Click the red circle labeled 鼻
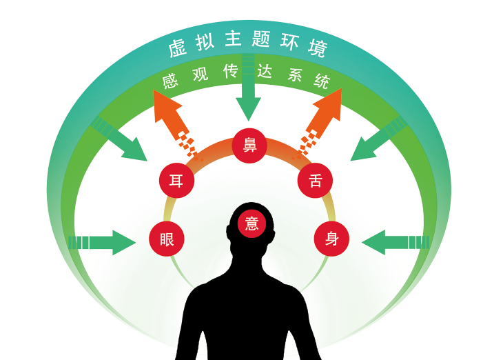[x=249, y=146]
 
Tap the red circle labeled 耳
[x=176, y=181]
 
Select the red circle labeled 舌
[x=316, y=181]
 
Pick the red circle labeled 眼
[x=167, y=239]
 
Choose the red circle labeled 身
[x=331, y=239]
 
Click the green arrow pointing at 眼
[x=103, y=243]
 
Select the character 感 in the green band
[x=170, y=81]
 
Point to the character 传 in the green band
[x=231, y=71]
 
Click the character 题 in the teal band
[x=261, y=39]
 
